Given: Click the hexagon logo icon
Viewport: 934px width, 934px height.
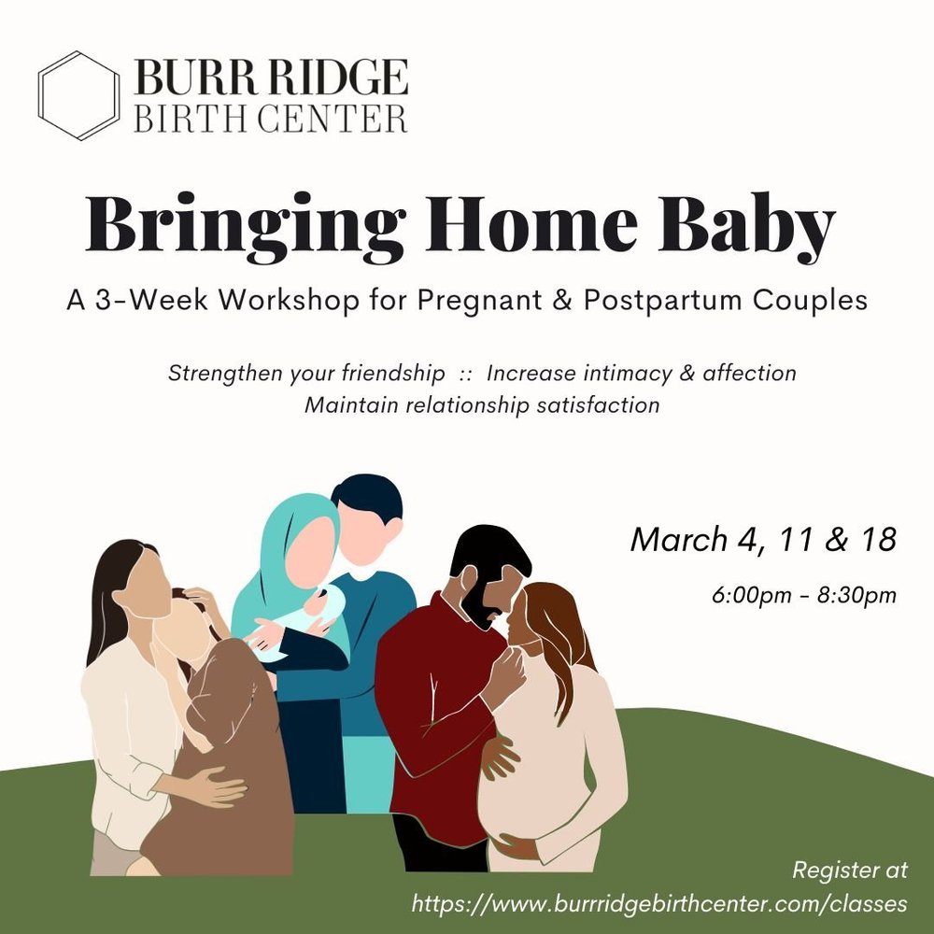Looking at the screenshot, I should tap(80, 95).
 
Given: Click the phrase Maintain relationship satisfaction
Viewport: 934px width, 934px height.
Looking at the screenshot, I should tap(481, 405).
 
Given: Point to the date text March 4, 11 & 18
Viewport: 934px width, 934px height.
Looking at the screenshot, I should tap(763, 540).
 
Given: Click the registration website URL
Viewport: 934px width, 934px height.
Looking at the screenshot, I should tap(659, 903).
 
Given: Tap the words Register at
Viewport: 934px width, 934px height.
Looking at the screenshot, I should tap(850, 870).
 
